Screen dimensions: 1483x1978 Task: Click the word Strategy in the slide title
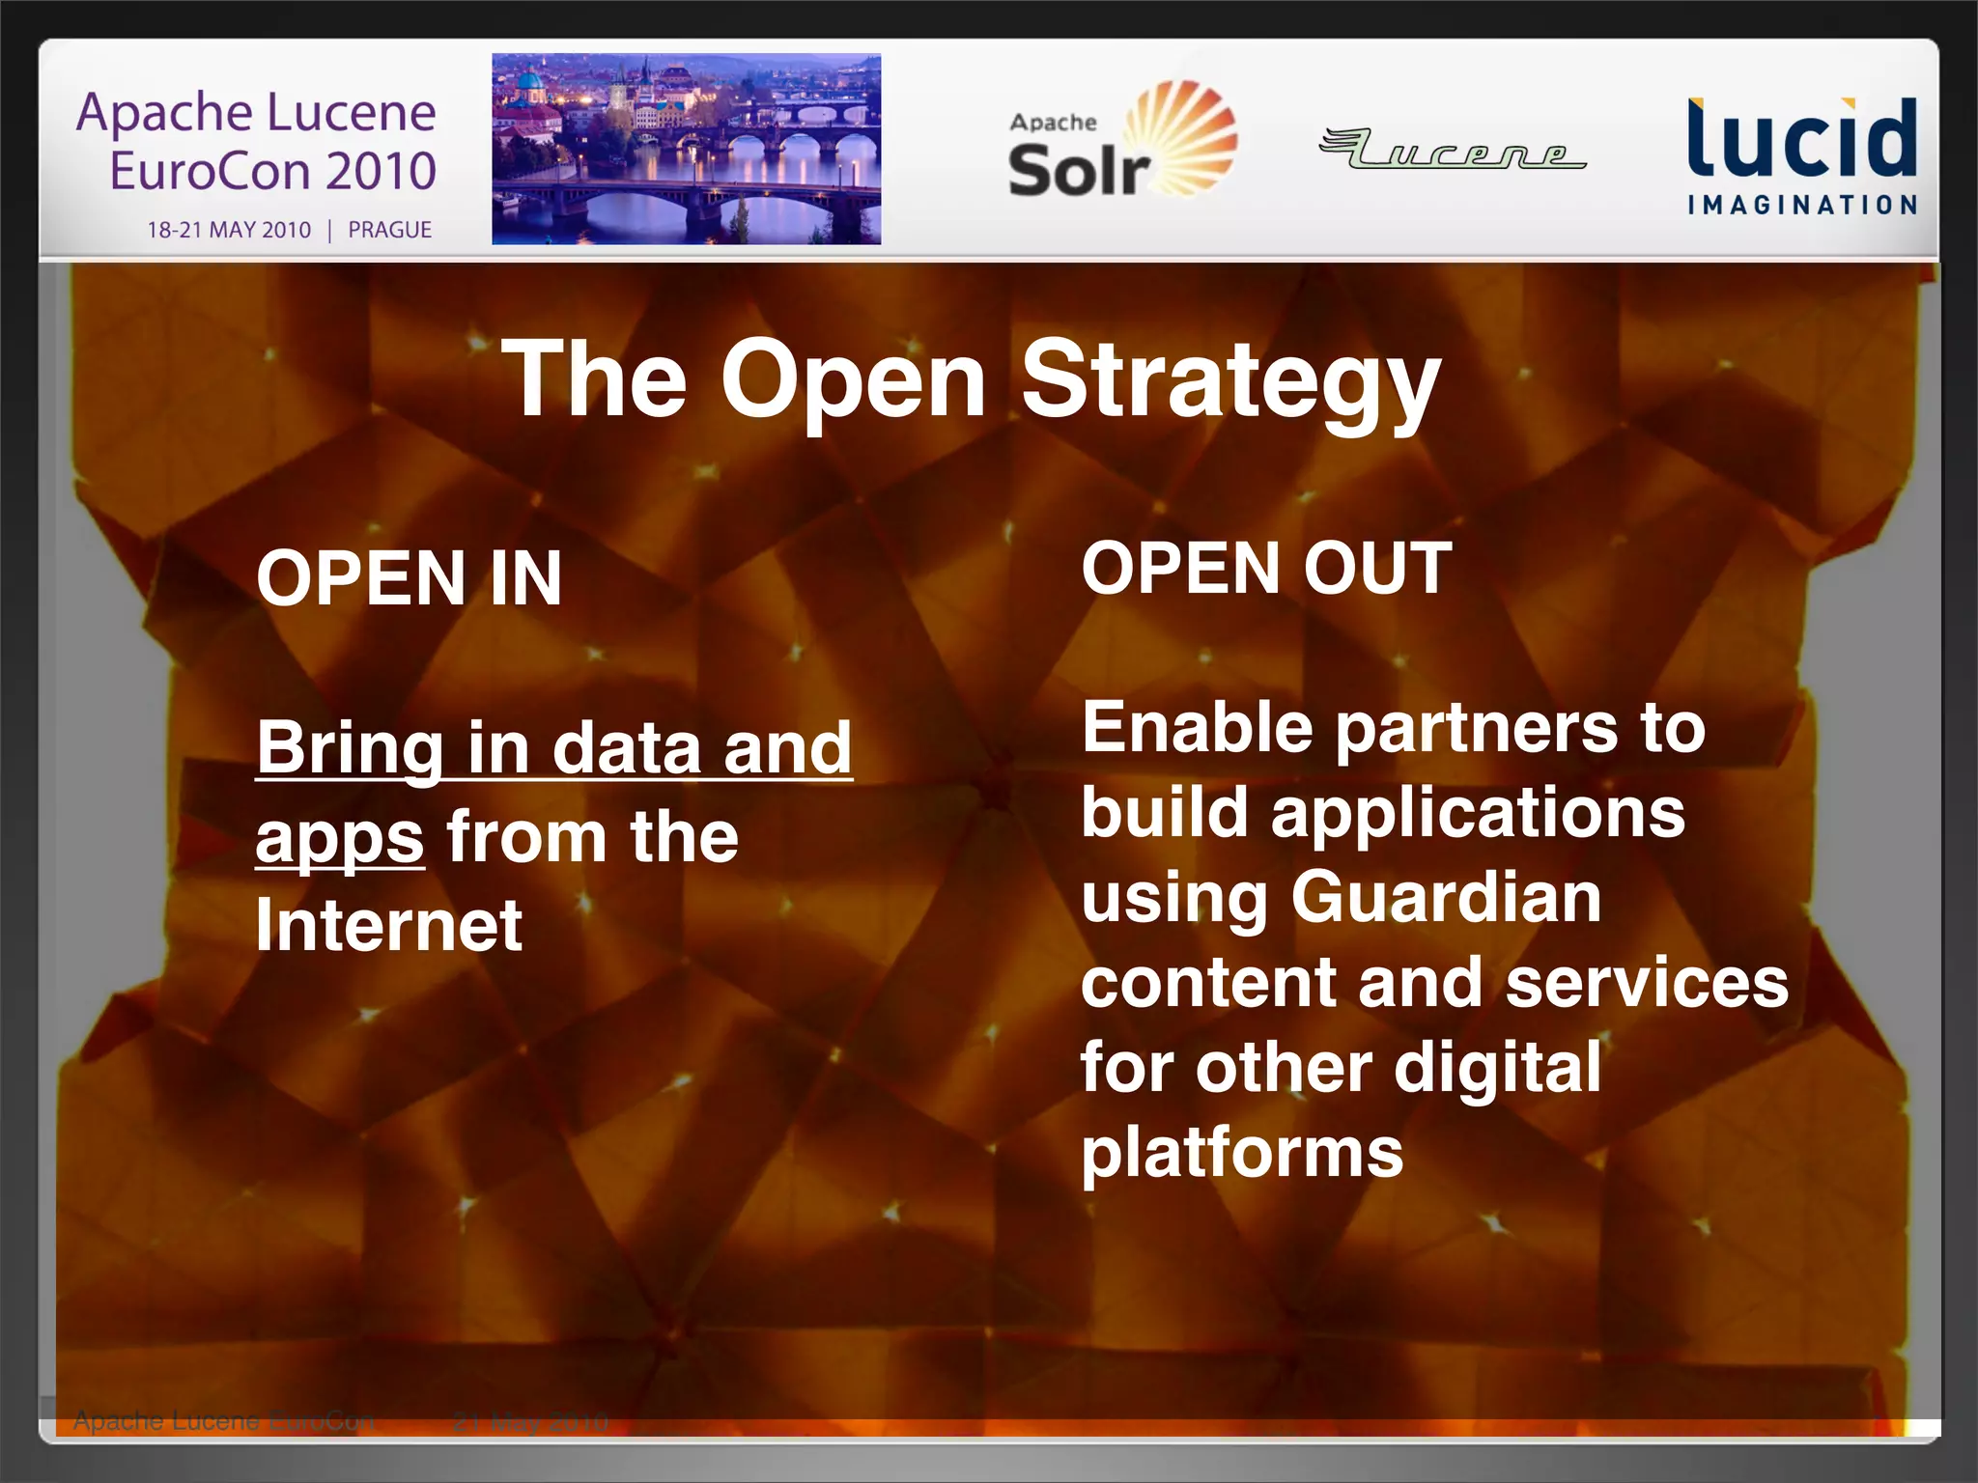(x=1230, y=381)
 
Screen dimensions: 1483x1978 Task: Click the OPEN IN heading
(x=409, y=578)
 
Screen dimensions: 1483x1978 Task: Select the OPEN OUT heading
(x=1266, y=569)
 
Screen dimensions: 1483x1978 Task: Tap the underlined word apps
(x=339, y=838)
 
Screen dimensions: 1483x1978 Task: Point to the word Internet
(x=389, y=925)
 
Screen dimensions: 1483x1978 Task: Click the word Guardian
(x=1446, y=897)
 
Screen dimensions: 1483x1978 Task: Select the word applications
(x=1478, y=813)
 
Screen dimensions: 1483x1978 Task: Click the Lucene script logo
(x=1453, y=150)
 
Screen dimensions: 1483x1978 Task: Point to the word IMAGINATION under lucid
(x=1801, y=205)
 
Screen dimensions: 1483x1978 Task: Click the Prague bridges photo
(x=686, y=149)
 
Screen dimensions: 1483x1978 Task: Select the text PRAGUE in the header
(x=389, y=230)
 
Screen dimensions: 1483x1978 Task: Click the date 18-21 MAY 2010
(x=229, y=230)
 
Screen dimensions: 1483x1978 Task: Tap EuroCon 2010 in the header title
(x=272, y=171)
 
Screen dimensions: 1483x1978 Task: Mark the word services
(x=1647, y=983)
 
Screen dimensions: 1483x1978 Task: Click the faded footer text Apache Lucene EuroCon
(x=223, y=1421)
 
